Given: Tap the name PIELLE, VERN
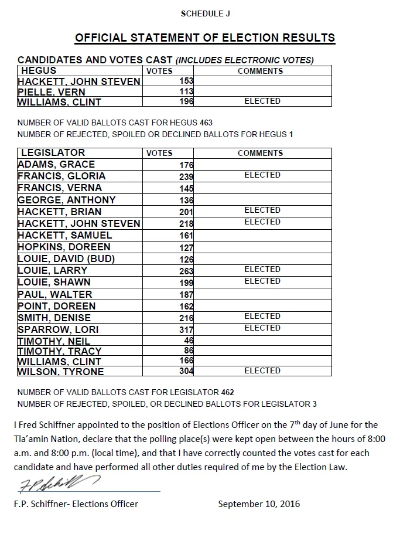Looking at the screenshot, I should pyautogui.click(x=52, y=92).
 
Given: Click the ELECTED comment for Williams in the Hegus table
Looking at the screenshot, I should pyautogui.click(x=262, y=101).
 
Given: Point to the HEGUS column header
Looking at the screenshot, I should pyautogui.click(x=39, y=70).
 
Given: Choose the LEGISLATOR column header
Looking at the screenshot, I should pyautogui.click(x=53, y=152).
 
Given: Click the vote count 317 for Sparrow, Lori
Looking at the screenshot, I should pyautogui.click(x=186, y=329).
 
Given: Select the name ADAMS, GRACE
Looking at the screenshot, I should pyautogui.click(x=56, y=164).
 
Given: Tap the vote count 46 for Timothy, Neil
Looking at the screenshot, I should pyautogui.click(x=189, y=340).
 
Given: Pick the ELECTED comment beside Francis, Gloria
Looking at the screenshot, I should pyautogui.click(x=262, y=175).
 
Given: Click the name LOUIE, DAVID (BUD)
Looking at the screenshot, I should pyautogui.click(x=66, y=259).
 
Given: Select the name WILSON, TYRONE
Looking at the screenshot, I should pyautogui.click(x=61, y=372).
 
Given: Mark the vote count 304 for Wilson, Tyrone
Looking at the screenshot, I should pyautogui.click(x=186, y=371).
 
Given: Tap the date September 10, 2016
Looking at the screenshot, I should pyautogui.click(x=259, y=504).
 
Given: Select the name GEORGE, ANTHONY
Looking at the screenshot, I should pyautogui.click(x=67, y=200).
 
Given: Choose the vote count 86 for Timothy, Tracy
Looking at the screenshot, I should pyautogui.click(x=189, y=351).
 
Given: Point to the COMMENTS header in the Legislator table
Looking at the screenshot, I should pyautogui.click(x=260, y=153).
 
